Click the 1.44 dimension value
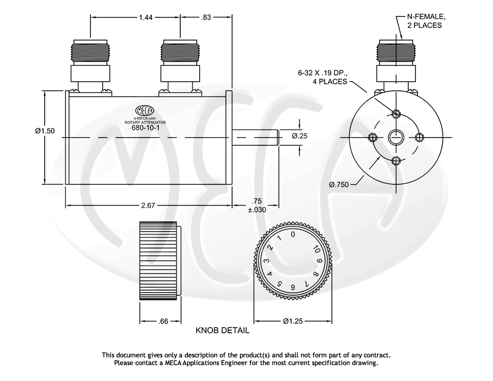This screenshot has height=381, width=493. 145,17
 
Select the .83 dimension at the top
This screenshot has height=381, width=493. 206,17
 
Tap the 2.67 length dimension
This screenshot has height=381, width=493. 148,205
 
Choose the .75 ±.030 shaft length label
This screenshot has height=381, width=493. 257,205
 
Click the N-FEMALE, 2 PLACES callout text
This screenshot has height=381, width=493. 423,21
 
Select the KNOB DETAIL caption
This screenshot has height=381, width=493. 222,331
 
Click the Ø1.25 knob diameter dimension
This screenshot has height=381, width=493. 293,321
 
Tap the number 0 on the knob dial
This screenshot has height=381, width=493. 293,235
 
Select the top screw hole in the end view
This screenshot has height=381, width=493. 395,113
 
